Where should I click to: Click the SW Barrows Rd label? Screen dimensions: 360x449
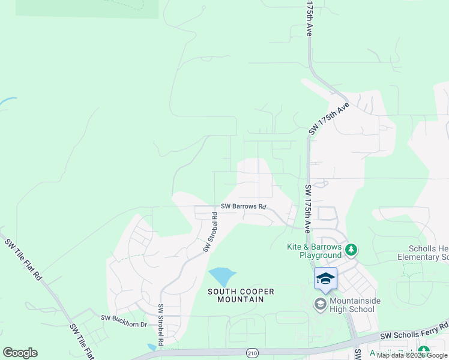243,206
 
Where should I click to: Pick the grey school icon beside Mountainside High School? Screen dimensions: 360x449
320,304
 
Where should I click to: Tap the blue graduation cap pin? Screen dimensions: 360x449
325,279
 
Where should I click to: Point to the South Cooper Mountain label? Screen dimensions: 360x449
241,295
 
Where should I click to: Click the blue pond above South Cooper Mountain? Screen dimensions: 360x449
221,277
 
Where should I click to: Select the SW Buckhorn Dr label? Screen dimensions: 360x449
124,325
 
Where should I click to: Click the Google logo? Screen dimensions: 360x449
20,353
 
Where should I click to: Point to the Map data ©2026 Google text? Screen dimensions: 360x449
412,356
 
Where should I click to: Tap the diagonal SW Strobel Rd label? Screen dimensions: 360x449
211,232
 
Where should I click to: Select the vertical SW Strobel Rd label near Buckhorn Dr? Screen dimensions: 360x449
161,325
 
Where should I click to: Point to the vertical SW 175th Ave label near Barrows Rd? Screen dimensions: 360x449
308,208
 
